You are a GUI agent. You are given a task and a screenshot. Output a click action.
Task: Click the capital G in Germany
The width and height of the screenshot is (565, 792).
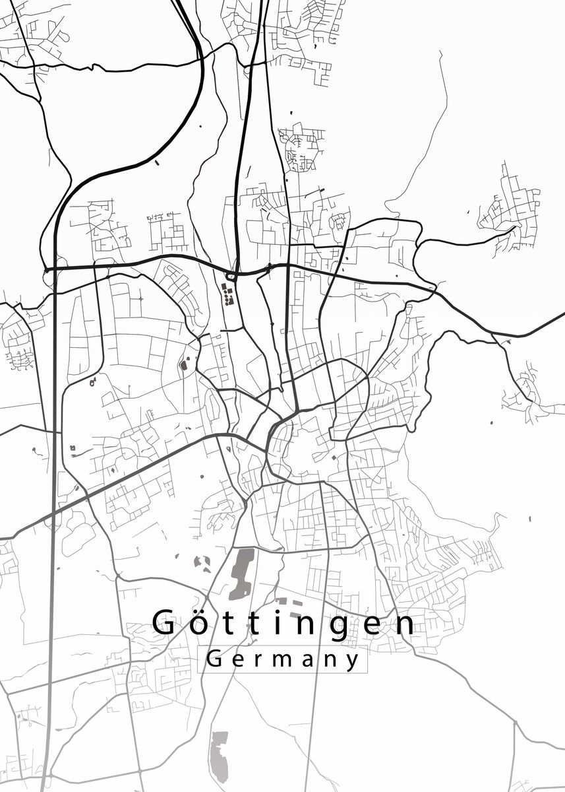coord(215,658)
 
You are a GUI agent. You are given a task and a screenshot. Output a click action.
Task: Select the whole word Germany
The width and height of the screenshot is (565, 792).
coord(283,659)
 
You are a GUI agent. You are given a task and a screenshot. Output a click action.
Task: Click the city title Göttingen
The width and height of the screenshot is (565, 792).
coord(284,623)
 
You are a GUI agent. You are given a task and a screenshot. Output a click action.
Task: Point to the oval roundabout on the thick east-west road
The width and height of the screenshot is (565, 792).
coord(231,275)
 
